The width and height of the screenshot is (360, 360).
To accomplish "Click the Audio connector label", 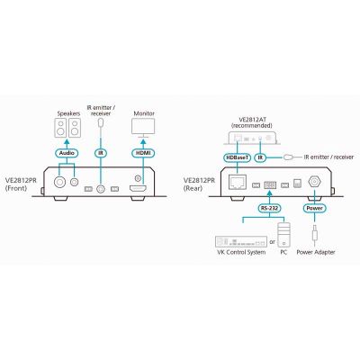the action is tap(67, 153).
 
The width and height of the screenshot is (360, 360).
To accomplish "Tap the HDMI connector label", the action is tap(143, 153).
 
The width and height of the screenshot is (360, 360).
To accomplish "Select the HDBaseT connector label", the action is tap(237, 157).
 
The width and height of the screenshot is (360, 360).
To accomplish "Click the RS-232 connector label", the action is tap(269, 208).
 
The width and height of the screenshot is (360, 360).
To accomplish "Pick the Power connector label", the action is tap(315, 208).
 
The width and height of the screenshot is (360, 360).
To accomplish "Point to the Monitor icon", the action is tap(143, 128).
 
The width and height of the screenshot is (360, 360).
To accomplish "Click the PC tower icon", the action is tap(283, 235).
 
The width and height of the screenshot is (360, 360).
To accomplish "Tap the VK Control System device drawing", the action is tap(241, 241).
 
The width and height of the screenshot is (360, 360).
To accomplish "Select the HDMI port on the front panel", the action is tap(138, 189).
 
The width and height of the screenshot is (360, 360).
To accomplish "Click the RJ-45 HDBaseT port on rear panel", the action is tap(238, 182).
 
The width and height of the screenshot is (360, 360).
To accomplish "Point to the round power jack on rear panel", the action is tap(315, 182).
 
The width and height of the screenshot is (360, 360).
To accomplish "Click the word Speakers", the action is tap(68, 113).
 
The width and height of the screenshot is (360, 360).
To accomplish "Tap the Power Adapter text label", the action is tap(316, 252).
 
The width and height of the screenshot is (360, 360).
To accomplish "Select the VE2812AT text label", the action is tap(252, 120).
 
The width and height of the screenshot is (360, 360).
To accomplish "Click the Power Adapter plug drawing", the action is tap(315, 233).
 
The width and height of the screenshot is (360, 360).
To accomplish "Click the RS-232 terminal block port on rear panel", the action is tap(270, 184).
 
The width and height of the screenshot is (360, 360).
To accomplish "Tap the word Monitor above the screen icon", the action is tap(144, 113).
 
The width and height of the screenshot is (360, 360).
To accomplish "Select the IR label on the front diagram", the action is tap(101, 153).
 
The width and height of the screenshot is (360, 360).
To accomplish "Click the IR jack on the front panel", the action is tap(101, 189).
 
